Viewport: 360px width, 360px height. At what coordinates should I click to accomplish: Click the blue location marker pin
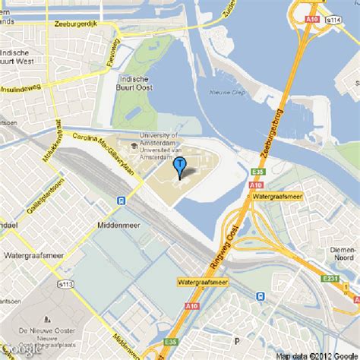pos(180,166)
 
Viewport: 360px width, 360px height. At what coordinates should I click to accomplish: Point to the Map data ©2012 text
pos(317,355)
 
